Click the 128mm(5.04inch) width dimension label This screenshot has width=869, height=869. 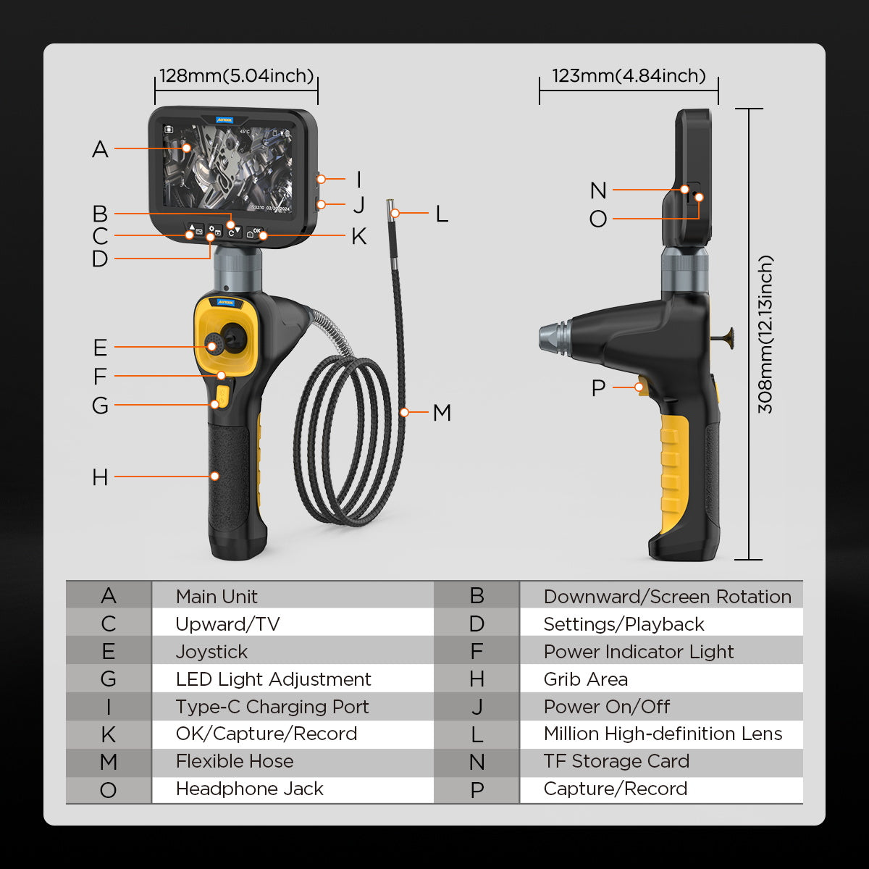[x=236, y=76]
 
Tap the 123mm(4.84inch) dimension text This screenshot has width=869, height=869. [x=629, y=76]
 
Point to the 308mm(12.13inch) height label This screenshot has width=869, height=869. [x=765, y=334]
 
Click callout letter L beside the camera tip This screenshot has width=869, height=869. [x=441, y=214]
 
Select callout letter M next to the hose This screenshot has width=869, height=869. [x=442, y=413]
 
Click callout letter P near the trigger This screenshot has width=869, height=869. [x=597, y=388]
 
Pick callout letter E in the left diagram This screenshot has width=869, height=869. [x=100, y=348]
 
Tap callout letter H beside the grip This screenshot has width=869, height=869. [x=100, y=477]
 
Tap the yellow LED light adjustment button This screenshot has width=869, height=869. [x=222, y=396]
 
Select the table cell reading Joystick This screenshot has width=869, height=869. [x=211, y=652]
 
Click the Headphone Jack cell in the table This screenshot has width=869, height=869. [x=249, y=789]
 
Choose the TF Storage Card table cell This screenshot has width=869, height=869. [x=616, y=761]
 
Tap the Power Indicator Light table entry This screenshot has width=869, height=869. [x=638, y=652]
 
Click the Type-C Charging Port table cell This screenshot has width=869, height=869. [x=272, y=707]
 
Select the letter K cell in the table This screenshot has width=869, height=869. [x=109, y=734]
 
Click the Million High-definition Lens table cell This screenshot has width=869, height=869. [x=663, y=734]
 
